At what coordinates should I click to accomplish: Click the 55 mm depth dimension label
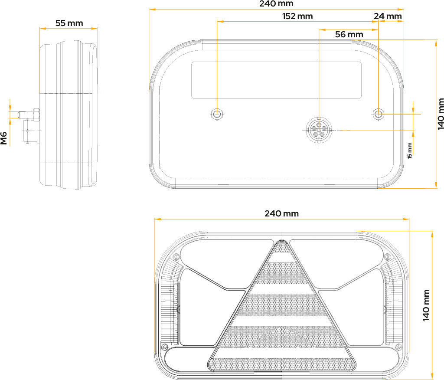point(69,23)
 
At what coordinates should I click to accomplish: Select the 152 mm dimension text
point(297,16)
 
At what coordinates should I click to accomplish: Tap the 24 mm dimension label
point(388,16)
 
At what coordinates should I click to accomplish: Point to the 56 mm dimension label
point(349,35)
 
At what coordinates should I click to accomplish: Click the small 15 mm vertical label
point(410,151)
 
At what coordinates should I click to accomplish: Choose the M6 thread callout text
point(3,138)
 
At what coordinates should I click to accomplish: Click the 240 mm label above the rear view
point(276,3)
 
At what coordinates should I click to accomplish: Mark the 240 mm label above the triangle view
point(281,213)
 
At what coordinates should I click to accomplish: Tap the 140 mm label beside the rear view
point(441,114)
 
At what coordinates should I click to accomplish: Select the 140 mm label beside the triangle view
point(426,305)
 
